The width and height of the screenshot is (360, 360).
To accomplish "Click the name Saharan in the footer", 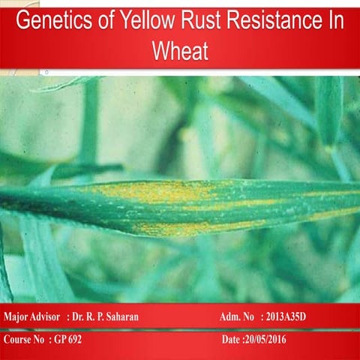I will (x=118, y=317).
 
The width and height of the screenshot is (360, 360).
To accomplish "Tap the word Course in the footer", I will (x=17, y=340).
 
